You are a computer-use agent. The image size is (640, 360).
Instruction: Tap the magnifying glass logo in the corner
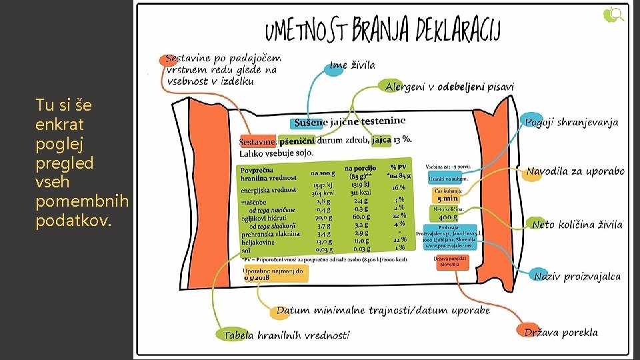[613, 14]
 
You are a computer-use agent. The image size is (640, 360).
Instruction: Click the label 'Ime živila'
[352, 65]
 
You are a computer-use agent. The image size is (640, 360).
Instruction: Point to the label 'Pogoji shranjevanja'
[571, 122]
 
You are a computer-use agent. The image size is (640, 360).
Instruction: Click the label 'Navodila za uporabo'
[575, 171]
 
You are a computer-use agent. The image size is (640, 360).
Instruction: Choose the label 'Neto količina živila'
[577, 225]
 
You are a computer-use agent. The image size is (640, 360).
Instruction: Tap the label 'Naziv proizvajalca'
[577, 276]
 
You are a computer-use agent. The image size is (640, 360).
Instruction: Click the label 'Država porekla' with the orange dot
[561, 332]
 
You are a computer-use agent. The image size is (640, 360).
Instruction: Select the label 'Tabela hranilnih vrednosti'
[286, 335]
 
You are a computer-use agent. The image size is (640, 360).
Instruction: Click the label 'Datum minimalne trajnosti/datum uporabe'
[383, 310]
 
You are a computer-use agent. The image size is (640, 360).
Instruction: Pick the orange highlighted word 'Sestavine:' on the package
[257, 141]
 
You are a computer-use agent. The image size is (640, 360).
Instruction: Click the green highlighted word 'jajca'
[381, 140]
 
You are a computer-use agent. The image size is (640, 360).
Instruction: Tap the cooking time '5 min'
[447, 198]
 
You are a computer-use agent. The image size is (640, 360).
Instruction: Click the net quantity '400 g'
[448, 217]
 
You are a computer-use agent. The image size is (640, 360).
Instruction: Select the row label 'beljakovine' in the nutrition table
[259, 241]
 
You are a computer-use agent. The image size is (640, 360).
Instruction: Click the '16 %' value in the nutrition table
[399, 188]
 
